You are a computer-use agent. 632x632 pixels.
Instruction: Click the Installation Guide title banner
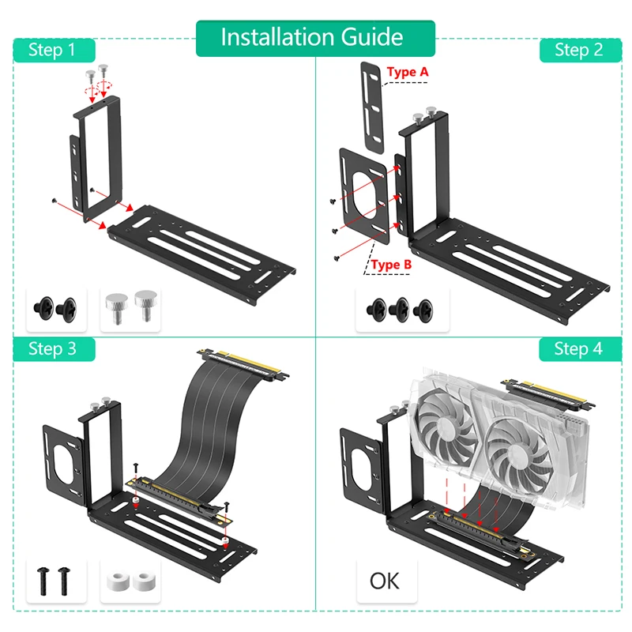point(315,38)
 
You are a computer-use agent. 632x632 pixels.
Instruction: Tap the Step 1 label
point(54,50)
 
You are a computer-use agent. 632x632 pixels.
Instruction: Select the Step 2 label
point(581,50)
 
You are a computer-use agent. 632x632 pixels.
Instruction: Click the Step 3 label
point(54,349)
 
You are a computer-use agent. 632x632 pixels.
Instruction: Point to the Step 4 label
point(581,349)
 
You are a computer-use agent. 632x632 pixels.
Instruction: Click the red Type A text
point(407,72)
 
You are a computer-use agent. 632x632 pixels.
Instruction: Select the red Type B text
point(391,265)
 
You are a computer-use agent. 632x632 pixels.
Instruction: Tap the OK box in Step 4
point(386,581)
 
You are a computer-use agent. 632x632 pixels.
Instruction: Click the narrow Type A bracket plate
point(371,108)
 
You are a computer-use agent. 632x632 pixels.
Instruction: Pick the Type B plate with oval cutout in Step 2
point(365,196)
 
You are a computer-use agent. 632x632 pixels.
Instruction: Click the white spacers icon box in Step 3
point(130,581)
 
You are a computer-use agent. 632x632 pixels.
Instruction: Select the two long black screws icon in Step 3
point(54,581)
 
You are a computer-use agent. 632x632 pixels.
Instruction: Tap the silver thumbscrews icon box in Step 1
point(130,310)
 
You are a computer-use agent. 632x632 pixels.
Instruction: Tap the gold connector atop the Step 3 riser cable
point(243,363)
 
